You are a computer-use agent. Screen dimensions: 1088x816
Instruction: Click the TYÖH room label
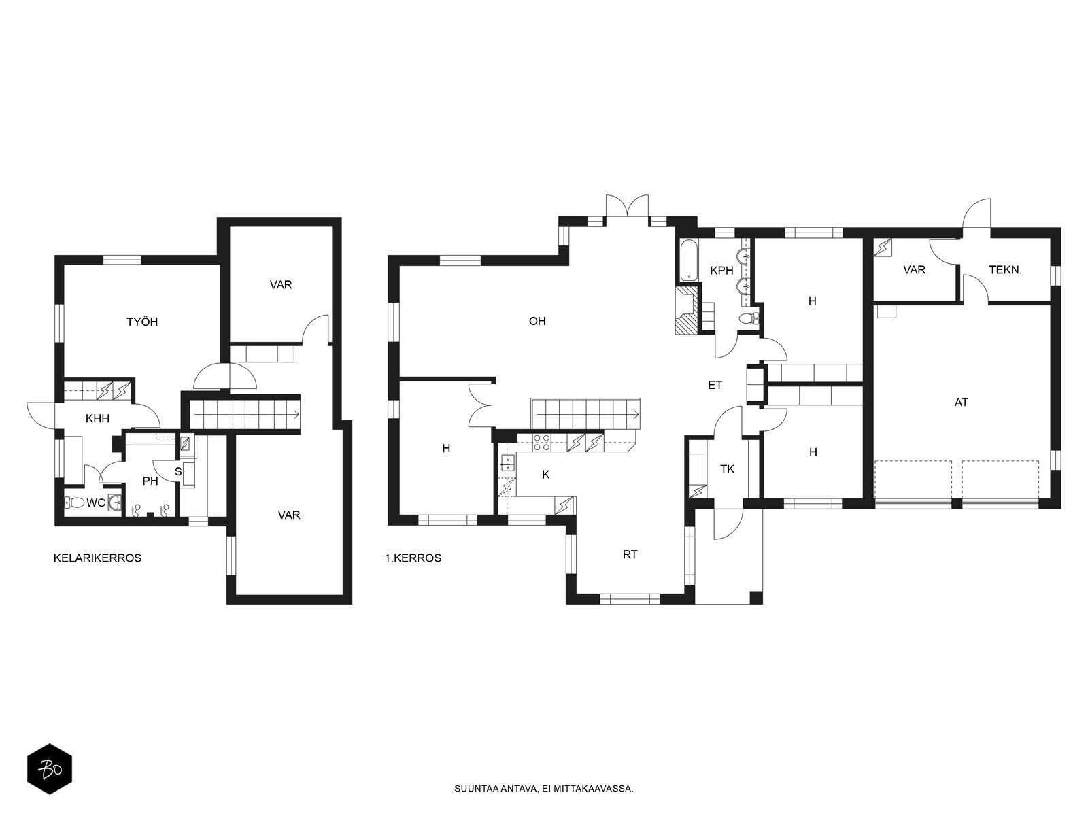(142, 322)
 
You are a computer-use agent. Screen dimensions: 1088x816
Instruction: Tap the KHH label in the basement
(98, 419)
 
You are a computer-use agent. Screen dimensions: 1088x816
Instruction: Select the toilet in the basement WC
(75, 503)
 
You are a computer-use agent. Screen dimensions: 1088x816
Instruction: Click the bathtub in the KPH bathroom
(689, 260)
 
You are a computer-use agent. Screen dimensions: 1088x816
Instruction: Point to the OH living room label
(537, 321)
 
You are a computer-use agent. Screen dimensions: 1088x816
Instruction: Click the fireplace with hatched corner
(686, 311)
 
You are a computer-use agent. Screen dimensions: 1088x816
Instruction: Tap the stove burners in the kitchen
(541, 443)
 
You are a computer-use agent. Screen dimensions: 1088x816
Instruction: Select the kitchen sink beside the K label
(507, 463)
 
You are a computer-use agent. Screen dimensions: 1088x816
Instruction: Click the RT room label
(630, 555)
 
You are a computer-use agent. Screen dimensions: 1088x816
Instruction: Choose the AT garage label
(961, 403)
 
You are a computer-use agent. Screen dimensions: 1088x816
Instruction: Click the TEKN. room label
(1005, 270)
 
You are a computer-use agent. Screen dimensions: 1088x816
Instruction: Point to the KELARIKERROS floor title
(98, 558)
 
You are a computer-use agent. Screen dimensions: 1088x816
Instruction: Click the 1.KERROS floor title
(413, 558)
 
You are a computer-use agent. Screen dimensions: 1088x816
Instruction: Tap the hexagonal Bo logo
(50, 769)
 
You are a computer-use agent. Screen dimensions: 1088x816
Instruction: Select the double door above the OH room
(627, 205)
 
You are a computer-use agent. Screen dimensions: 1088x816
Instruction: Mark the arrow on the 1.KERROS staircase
(589, 414)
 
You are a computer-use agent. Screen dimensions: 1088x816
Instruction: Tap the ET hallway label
(715, 386)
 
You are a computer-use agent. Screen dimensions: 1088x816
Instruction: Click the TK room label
(727, 469)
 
